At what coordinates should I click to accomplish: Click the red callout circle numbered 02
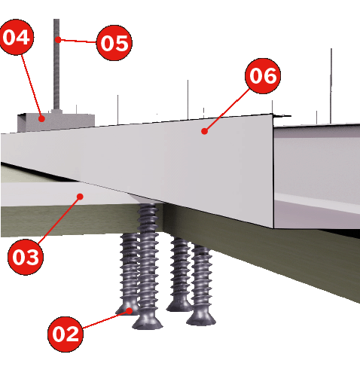[66, 334]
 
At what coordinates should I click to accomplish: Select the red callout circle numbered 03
[26, 257]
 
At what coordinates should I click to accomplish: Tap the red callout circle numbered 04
[17, 37]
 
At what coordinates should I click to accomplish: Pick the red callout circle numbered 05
[114, 43]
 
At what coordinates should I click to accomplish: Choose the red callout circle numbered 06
[263, 76]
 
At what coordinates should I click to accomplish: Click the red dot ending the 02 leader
[129, 310]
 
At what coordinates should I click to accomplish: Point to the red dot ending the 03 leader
[80, 197]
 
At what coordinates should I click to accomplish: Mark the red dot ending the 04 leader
[41, 118]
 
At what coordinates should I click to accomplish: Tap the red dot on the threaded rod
[58, 39]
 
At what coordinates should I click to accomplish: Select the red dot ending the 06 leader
[204, 131]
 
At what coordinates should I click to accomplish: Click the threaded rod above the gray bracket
[56, 64]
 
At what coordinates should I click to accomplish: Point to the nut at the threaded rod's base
[56, 112]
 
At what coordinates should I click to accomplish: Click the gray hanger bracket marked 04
[56, 123]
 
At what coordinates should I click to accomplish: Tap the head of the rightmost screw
[201, 319]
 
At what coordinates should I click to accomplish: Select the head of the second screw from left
[148, 322]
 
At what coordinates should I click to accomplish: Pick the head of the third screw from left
[178, 306]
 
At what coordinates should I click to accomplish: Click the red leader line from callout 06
[227, 110]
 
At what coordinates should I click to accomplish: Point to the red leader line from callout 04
[32, 87]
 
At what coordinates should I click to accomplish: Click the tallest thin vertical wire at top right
[331, 86]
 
